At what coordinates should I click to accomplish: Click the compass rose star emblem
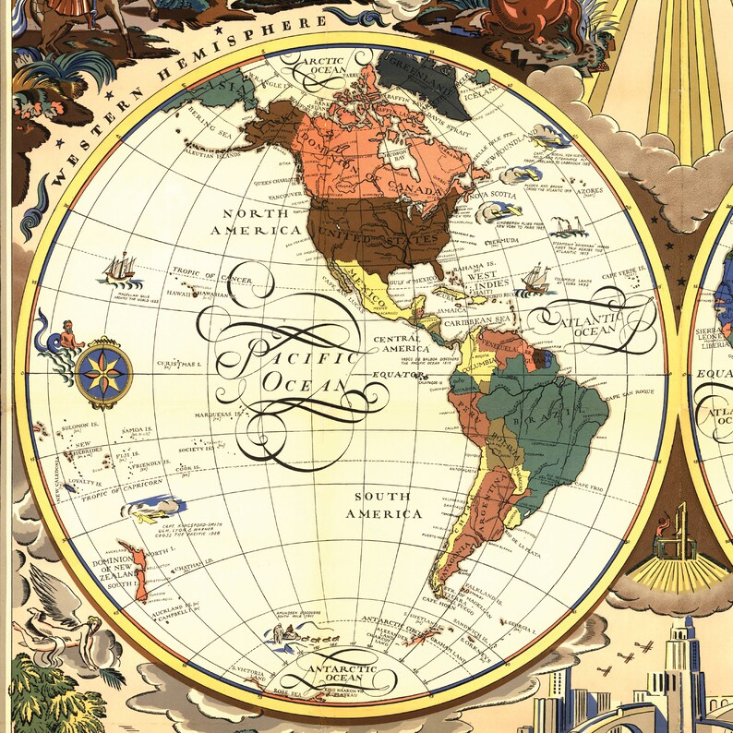coord(103,372)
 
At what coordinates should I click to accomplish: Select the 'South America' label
coord(384,504)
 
